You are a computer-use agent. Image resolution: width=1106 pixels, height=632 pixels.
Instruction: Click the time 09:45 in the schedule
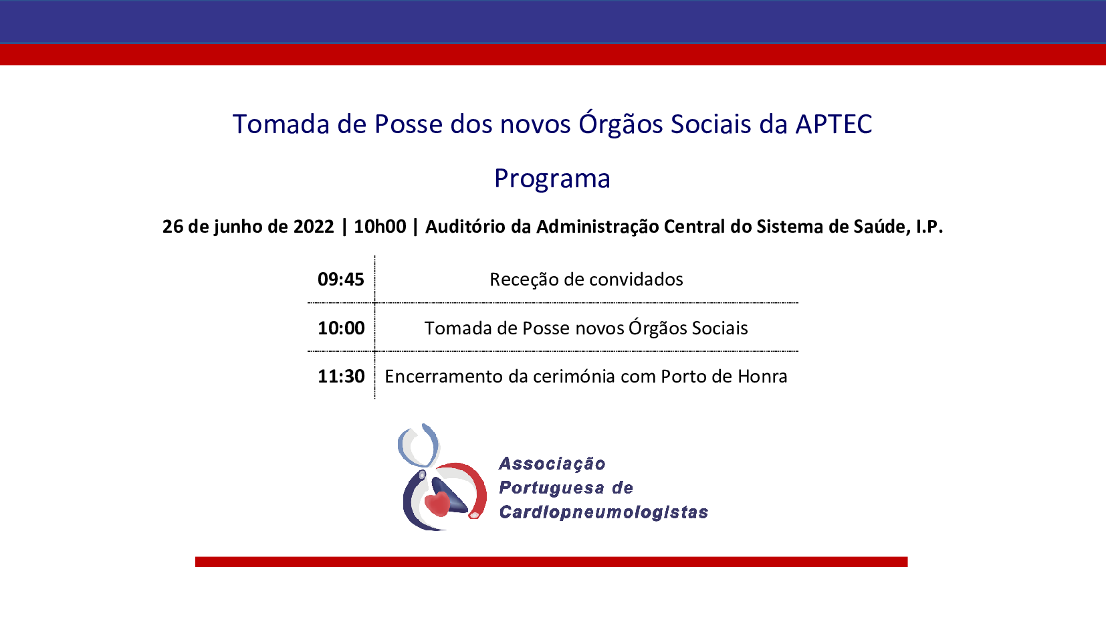coord(340,280)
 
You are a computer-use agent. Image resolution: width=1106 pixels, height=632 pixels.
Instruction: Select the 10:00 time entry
coord(340,328)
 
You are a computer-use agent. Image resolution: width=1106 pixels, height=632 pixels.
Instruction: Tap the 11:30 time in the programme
coord(340,377)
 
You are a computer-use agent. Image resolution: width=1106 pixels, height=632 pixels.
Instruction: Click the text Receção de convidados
coord(586,280)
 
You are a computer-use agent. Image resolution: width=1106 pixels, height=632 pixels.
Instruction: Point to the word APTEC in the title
coord(833,124)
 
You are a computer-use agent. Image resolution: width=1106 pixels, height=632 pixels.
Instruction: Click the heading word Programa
coord(552,179)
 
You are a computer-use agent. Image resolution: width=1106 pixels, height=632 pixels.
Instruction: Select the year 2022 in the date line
coord(314,227)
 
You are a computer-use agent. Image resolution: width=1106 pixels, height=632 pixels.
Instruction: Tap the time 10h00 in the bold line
coord(380,227)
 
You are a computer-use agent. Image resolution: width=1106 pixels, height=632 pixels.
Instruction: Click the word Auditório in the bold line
coord(465,227)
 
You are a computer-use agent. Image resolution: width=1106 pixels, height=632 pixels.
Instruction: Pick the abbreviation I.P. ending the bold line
coord(929,227)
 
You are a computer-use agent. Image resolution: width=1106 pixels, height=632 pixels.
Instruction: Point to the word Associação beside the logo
coord(552,463)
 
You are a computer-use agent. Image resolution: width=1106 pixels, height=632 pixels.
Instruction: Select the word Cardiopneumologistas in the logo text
coord(603,512)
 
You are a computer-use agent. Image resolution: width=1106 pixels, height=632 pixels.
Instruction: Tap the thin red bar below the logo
coord(551,562)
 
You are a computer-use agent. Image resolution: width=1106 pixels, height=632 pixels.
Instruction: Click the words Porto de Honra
coord(724,377)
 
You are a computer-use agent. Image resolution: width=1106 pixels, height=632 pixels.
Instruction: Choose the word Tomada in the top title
coord(281,124)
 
